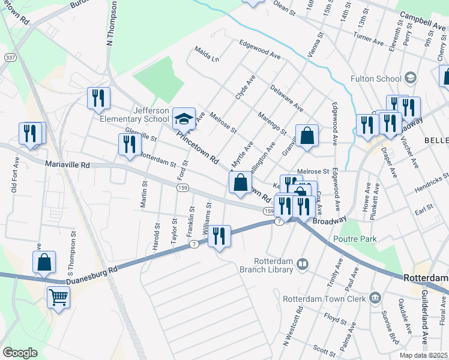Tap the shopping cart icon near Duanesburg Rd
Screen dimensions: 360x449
tap(58, 297)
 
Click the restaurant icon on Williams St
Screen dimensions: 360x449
tap(219, 236)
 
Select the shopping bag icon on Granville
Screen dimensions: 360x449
tap(307, 135)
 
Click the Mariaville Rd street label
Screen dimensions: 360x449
tap(67, 164)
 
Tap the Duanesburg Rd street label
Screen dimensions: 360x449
tap(92, 271)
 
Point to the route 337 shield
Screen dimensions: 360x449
tap(10, 58)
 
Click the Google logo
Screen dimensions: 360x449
tap(20, 353)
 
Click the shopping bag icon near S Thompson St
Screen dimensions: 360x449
tap(44, 262)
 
